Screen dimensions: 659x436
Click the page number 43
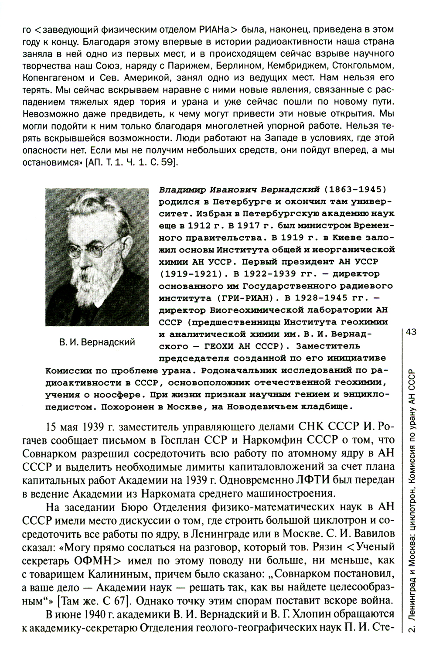(412, 332)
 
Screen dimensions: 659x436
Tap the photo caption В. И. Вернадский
(97, 342)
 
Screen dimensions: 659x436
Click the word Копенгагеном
(51, 79)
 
